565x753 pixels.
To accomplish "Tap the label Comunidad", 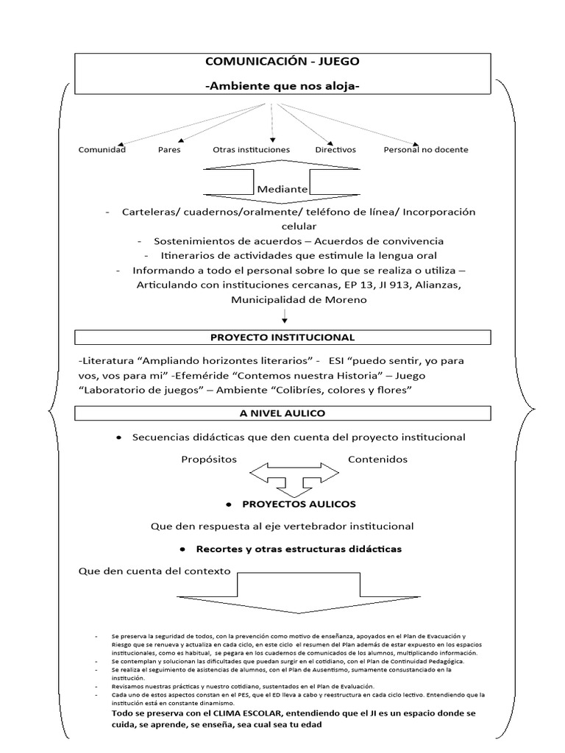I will tap(102, 149).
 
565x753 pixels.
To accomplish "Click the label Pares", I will tap(169, 149).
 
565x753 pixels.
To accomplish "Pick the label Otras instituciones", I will tap(251, 149).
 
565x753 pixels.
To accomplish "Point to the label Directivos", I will tap(335, 149).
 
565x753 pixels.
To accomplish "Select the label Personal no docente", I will tap(425, 149).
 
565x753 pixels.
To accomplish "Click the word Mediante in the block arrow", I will tap(282, 189).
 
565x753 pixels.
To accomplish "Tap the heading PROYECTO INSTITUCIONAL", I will tap(283, 338).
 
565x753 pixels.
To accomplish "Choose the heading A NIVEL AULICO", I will tap(283, 414).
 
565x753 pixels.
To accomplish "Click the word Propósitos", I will tap(209, 460).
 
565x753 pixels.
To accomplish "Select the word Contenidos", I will tap(377, 460).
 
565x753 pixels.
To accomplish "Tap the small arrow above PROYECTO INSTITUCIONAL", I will tap(284, 317).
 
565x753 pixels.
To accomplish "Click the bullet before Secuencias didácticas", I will tap(118, 438).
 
